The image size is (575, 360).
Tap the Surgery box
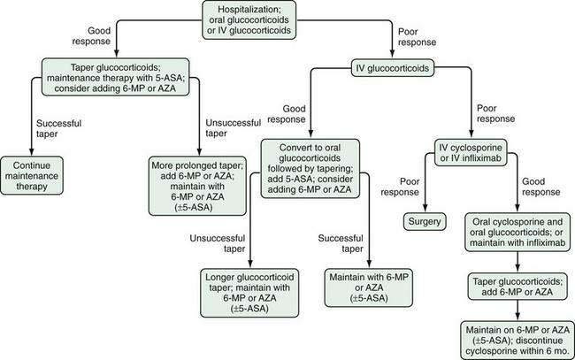click(x=425, y=220)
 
